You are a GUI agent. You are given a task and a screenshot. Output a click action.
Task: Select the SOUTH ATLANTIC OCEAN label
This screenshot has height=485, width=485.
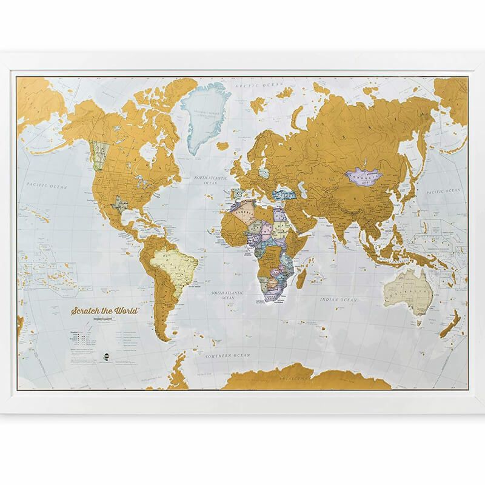click(x=221, y=295)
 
